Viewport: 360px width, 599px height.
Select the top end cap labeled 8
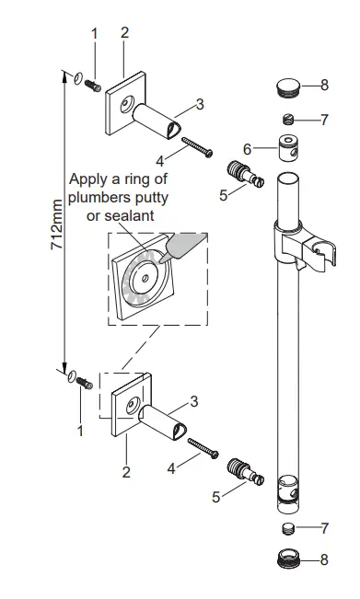pos(288,87)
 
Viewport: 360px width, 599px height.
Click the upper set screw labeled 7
pos(288,119)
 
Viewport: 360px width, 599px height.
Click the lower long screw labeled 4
pos(200,449)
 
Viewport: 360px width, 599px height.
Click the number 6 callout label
pos(246,148)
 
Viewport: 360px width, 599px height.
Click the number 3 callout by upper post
pos(199,103)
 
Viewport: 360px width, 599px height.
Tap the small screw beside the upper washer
pos(91,86)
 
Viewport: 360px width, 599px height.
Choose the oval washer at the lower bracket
pos(70,376)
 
